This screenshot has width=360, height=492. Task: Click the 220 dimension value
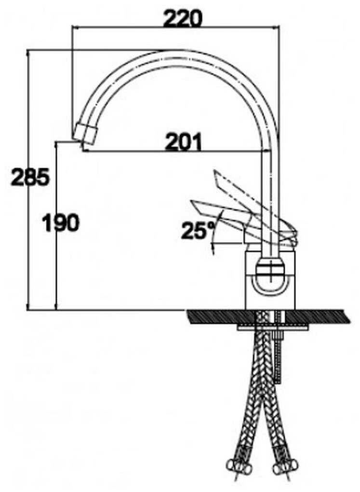click(x=183, y=19)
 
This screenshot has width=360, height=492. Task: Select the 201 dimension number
click(x=183, y=142)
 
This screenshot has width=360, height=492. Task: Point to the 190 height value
click(x=61, y=223)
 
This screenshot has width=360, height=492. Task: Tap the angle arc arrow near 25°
click(x=214, y=236)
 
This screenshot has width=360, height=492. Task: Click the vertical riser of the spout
click(x=271, y=193)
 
